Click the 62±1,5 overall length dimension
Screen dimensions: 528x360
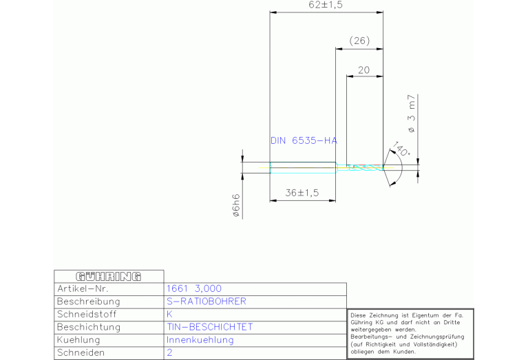click(x=326, y=5)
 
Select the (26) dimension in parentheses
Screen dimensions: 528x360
click(x=359, y=41)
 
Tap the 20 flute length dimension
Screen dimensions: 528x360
click(x=363, y=70)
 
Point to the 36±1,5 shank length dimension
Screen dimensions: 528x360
click(x=302, y=193)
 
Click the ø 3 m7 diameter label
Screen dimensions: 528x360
click(x=411, y=114)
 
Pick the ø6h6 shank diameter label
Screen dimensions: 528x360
click(x=236, y=205)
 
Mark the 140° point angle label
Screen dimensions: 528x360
click(x=401, y=149)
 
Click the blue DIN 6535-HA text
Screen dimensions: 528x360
click(x=304, y=140)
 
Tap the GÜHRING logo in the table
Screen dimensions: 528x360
click(x=109, y=277)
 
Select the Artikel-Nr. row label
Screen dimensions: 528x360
click(x=83, y=288)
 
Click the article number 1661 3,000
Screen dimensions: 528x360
click(x=194, y=288)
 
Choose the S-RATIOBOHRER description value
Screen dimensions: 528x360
click(x=207, y=301)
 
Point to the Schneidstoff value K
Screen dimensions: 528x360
click(x=169, y=314)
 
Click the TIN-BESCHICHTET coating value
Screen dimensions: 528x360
click(x=210, y=327)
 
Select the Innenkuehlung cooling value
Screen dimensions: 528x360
click(x=200, y=340)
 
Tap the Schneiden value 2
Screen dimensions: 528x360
click(x=169, y=352)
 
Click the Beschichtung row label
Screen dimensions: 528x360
click(x=89, y=327)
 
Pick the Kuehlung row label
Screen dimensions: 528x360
click(x=78, y=340)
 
